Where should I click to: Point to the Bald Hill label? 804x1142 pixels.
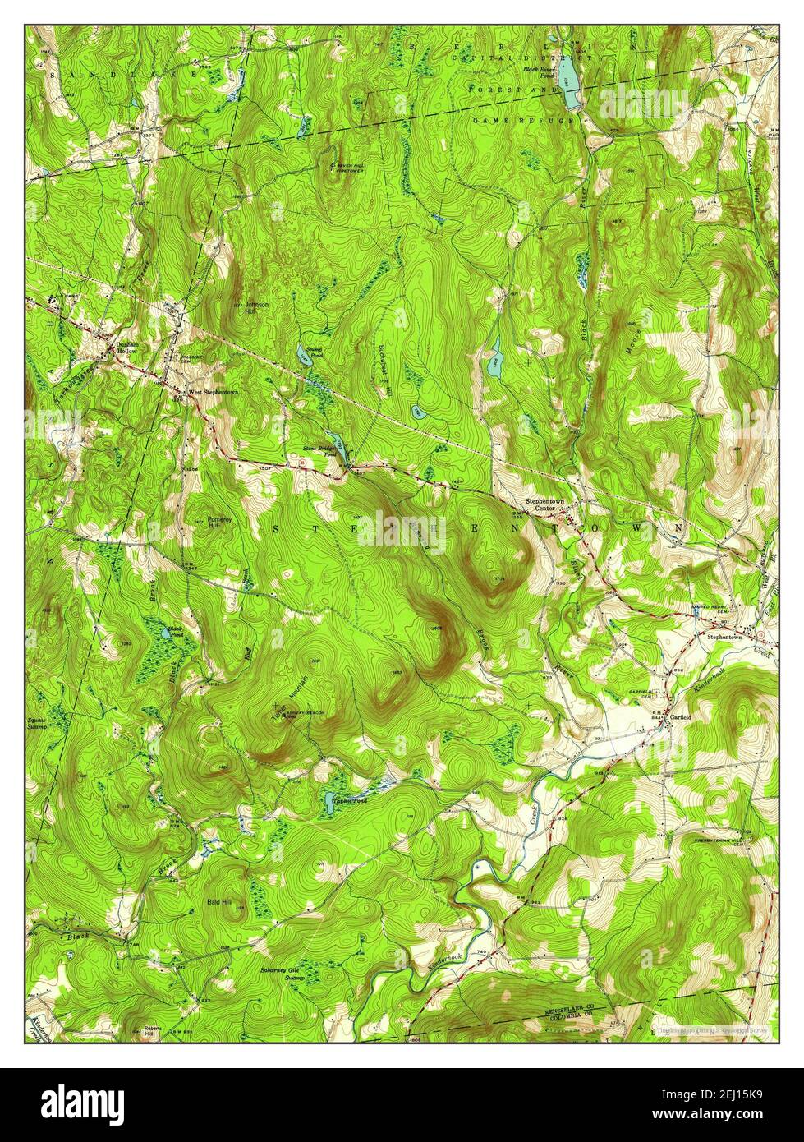pos(219,901)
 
